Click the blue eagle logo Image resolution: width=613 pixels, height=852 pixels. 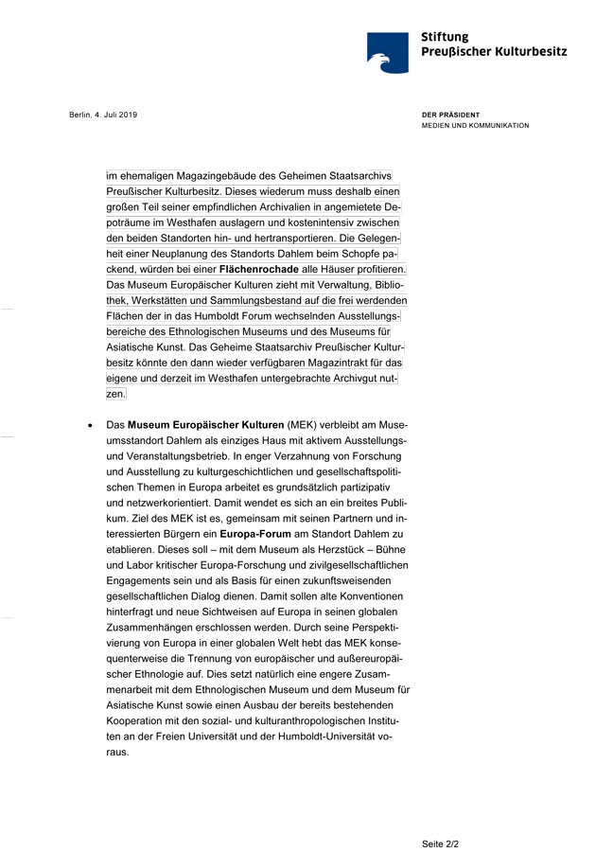(387, 53)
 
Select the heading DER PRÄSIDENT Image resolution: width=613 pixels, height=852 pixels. (450, 115)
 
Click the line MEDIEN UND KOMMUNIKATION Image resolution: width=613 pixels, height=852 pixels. (475, 126)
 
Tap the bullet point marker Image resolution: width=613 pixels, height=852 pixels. (90, 426)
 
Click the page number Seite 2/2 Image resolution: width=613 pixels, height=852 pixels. (440, 842)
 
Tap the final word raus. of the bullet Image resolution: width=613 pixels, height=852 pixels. (117, 753)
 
